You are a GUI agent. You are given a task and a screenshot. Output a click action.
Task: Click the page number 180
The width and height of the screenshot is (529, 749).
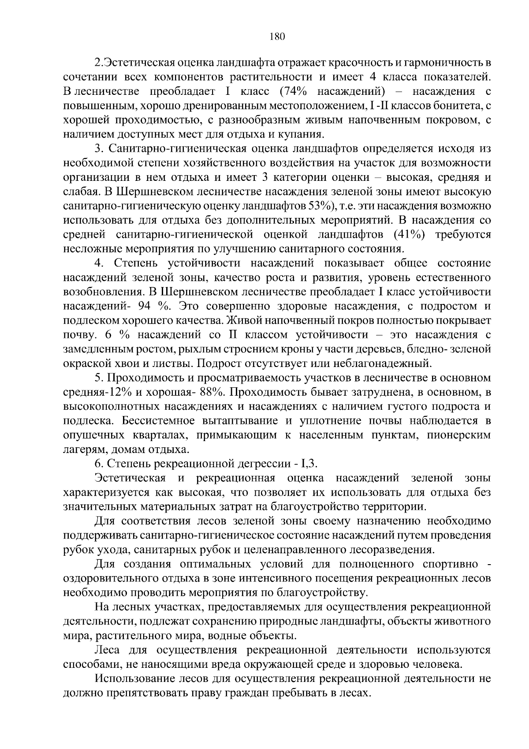pos(277,37)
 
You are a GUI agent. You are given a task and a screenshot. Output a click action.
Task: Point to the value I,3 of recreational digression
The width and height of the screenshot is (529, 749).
pos(309,464)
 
